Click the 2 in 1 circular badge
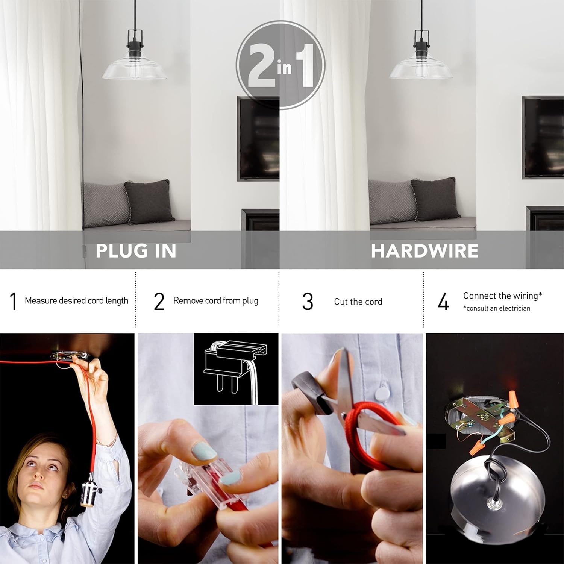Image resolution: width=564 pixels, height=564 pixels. [x=280, y=65]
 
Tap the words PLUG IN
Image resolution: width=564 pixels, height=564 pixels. [x=136, y=251]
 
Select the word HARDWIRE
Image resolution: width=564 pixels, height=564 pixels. [x=425, y=251]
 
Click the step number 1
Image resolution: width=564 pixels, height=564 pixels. [x=14, y=301]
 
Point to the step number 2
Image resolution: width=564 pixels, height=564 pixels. [x=159, y=301]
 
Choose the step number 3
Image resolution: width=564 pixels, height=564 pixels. [x=308, y=301]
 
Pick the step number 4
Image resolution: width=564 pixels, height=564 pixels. [x=444, y=301]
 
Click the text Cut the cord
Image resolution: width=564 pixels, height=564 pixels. [x=358, y=302]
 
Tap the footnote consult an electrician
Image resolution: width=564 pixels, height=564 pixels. [x=497, y=308]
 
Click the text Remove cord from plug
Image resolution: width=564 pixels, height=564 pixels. [x=216, y=301]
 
